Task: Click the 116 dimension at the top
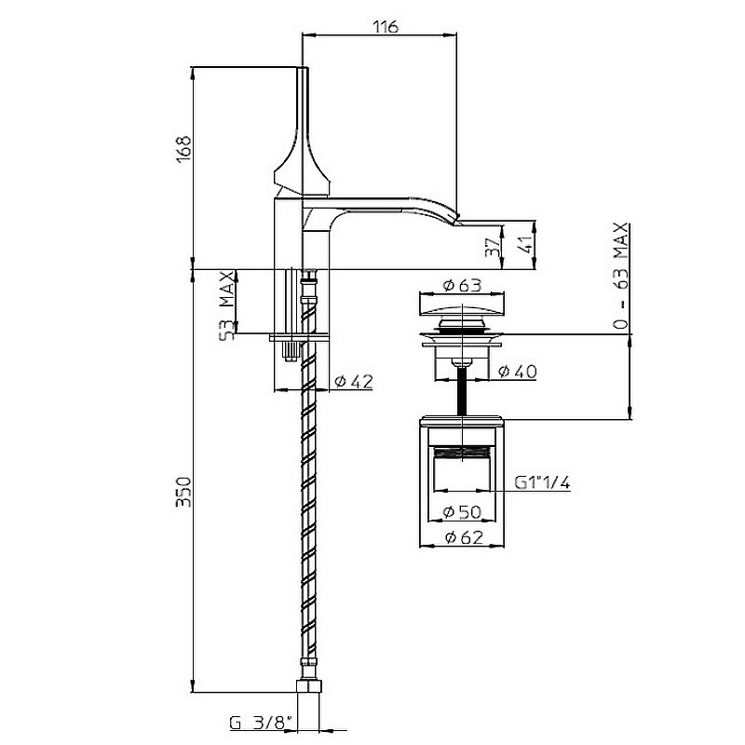pyautogui.click(x=385, y=27)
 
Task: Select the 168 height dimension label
pyautogui.click(x=183, y=149)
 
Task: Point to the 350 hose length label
pyautogui.click(x=183, y=492)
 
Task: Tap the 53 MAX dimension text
pyautogui.click(x=226, y=306)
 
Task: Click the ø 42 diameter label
pyautogui.click(x=353, y=381)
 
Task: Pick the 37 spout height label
pyautogui.click(x=494, y=247)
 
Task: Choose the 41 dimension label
pyautogui.click(x=526, y=246)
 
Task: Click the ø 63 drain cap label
pyautogui.click(x=462, y=285)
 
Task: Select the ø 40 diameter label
pyautogui.click(x=518, y=371)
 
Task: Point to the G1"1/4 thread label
pyautogui.click(x=543, y=482)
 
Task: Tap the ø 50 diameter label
pyautogui.click(x=462, y=511)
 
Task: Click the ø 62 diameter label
pyautogui.click(x=464, y=537)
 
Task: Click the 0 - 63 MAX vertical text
pyautogui.click(x=620, y=277)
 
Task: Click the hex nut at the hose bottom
pyautogui.click(x=309, y=686)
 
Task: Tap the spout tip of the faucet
pyautogui.click(x=457, y=218)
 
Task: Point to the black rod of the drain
pyautogui.click(x=462, y=391)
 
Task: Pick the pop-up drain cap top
pyautogui.click(x=462, y=304)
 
